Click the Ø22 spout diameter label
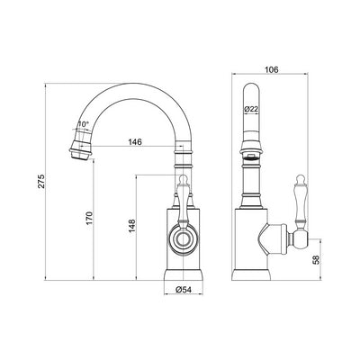click(254, 109)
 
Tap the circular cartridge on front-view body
click(184, 239)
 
